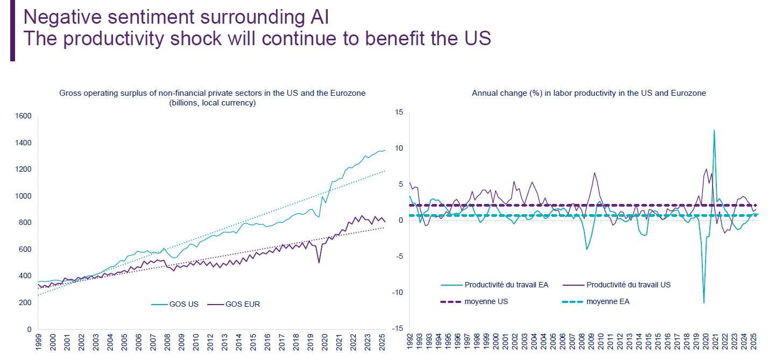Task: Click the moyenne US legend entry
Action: (x=486, y=301)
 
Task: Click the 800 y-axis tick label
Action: (x=25, y=223)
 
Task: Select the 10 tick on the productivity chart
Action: (x=399, y=149)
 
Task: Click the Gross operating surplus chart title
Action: (x=212, y=93)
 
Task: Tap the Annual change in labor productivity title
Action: (x=589, y=93)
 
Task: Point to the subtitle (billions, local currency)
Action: (x=212, y=103)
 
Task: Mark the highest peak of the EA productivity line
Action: (x=714, y=130)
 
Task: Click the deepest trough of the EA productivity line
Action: (x=704, y=302)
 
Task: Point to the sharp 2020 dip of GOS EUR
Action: (x=319, y=263)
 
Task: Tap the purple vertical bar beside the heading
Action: (x=12, y=30)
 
